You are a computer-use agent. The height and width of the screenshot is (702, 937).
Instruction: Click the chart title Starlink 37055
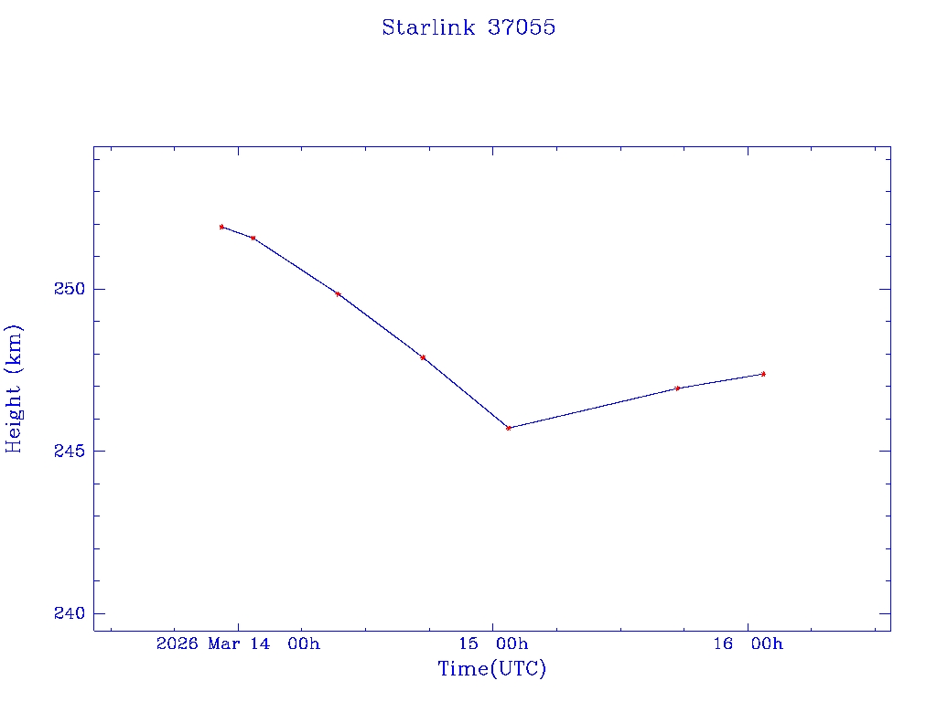[468, 27]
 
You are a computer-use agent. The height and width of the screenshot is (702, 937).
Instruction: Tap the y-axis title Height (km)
[14, 388]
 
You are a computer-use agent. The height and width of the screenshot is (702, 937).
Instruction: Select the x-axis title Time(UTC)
[491, 669]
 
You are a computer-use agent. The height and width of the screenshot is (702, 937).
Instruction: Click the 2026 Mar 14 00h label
[238, 643]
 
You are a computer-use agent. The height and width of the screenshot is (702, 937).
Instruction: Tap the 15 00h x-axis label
[494, 643]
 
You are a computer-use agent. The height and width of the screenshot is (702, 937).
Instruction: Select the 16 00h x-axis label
[749, 643]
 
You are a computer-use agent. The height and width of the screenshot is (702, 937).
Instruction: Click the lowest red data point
[509, 428]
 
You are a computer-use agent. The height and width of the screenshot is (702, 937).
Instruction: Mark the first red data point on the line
[221, 227]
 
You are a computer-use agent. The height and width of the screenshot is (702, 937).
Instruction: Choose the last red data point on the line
[763, 374]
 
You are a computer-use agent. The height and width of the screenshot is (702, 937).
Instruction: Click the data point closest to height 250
[339, 294]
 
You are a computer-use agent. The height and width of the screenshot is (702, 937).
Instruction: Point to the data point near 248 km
[423, 357]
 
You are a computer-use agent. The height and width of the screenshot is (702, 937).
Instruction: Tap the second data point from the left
[253, 238]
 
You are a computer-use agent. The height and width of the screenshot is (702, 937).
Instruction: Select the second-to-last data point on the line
[677, 388]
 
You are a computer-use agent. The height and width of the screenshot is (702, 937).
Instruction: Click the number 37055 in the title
[522, 27]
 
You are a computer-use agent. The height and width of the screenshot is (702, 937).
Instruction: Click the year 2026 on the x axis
[178, 643]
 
